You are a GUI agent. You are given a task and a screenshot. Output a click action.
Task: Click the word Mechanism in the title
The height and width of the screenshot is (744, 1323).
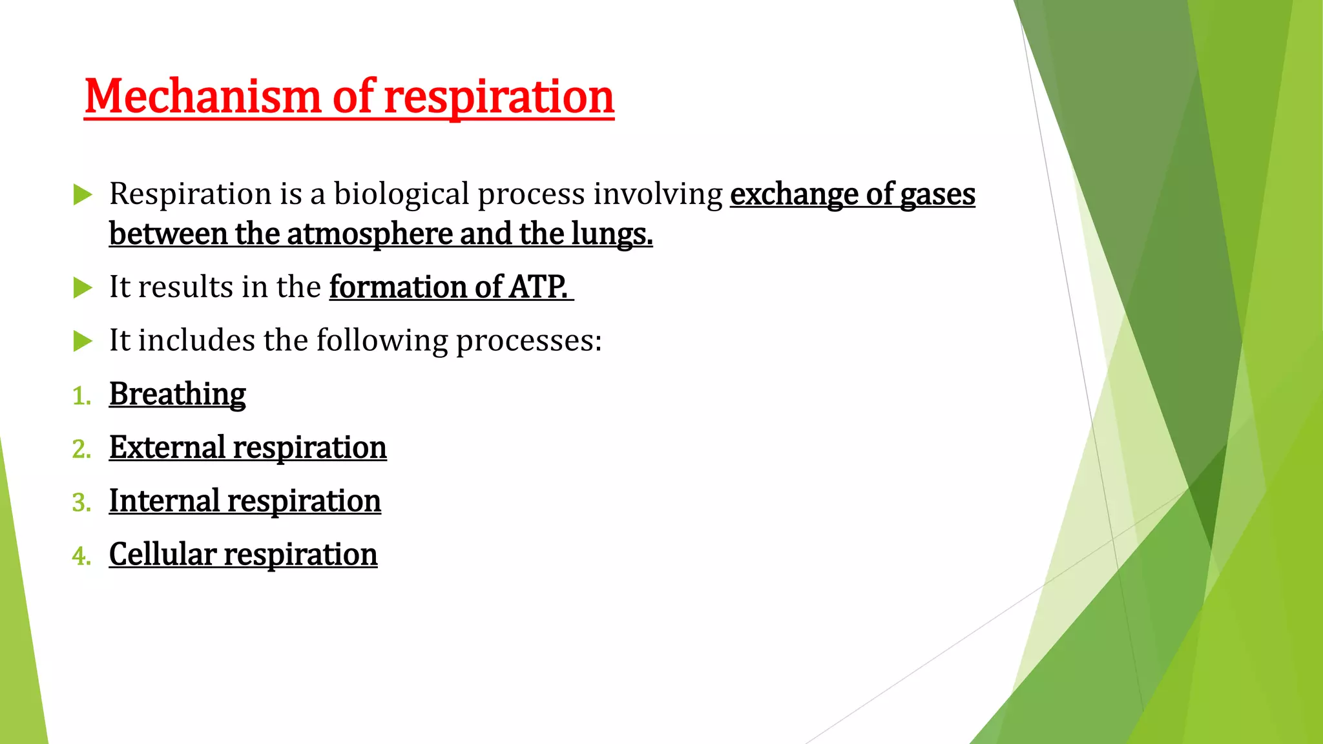pos(203,97)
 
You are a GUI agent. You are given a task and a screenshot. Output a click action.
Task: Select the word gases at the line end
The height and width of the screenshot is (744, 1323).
pos(937,194)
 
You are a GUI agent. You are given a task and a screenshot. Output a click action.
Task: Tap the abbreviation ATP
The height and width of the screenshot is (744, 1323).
pos(538,287)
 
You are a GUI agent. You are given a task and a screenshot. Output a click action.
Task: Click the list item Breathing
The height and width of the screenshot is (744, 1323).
pos(178,394)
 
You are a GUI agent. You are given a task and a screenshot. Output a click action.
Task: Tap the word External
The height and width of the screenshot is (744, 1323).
pos(167,448)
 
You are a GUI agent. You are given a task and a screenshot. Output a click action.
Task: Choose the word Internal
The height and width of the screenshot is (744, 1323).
pos(165,501)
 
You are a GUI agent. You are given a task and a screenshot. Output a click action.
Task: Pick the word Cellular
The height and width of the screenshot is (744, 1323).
pos(163,555)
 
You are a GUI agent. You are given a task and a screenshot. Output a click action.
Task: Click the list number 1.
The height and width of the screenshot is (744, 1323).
pos(81,396)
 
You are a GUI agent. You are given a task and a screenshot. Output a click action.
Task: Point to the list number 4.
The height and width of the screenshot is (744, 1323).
pos(81,556)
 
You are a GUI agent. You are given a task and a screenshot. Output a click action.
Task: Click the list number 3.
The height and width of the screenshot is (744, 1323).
pos(81,502)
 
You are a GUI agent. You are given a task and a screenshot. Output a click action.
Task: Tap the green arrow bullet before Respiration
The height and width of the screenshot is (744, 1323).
pos(83,194)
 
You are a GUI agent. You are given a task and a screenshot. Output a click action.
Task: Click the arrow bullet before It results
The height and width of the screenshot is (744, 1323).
pos(83,287)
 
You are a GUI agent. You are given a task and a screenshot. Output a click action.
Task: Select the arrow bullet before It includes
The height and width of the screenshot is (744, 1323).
pos(83,341)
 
